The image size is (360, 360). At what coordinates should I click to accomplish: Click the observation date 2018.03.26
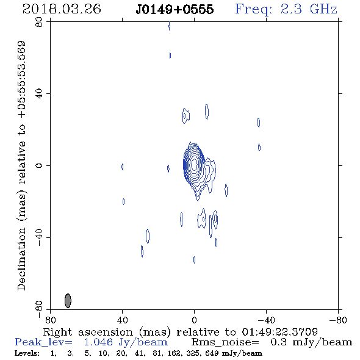tap(62, 9)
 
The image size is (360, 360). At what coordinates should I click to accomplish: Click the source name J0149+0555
tap(175, 10)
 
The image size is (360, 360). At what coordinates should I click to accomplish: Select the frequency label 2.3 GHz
tap(309, 9)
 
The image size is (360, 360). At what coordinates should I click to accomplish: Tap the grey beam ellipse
tap(68, 301)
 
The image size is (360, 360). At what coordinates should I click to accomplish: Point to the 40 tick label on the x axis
tap(122, 320)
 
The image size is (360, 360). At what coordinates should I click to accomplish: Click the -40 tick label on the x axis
tap(266, 320)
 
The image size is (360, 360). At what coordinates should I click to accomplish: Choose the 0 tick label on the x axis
tap(194, 320)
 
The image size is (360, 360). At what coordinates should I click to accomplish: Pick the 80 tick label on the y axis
tap(39, 22)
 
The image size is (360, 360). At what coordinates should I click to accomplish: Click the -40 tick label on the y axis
tap(39, 237)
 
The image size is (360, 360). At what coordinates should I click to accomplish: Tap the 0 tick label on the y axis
tap(39, 165)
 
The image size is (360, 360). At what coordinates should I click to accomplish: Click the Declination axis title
tap(21, 165)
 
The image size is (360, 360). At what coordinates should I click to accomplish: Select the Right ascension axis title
tap(181, 332)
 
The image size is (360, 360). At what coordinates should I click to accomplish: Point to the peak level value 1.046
tap(98, 342)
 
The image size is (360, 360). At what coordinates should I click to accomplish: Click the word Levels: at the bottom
tap(27, 353)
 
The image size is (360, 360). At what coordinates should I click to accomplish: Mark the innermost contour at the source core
tap(194, 164)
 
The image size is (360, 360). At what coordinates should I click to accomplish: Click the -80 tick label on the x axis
tap(338, 320)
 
